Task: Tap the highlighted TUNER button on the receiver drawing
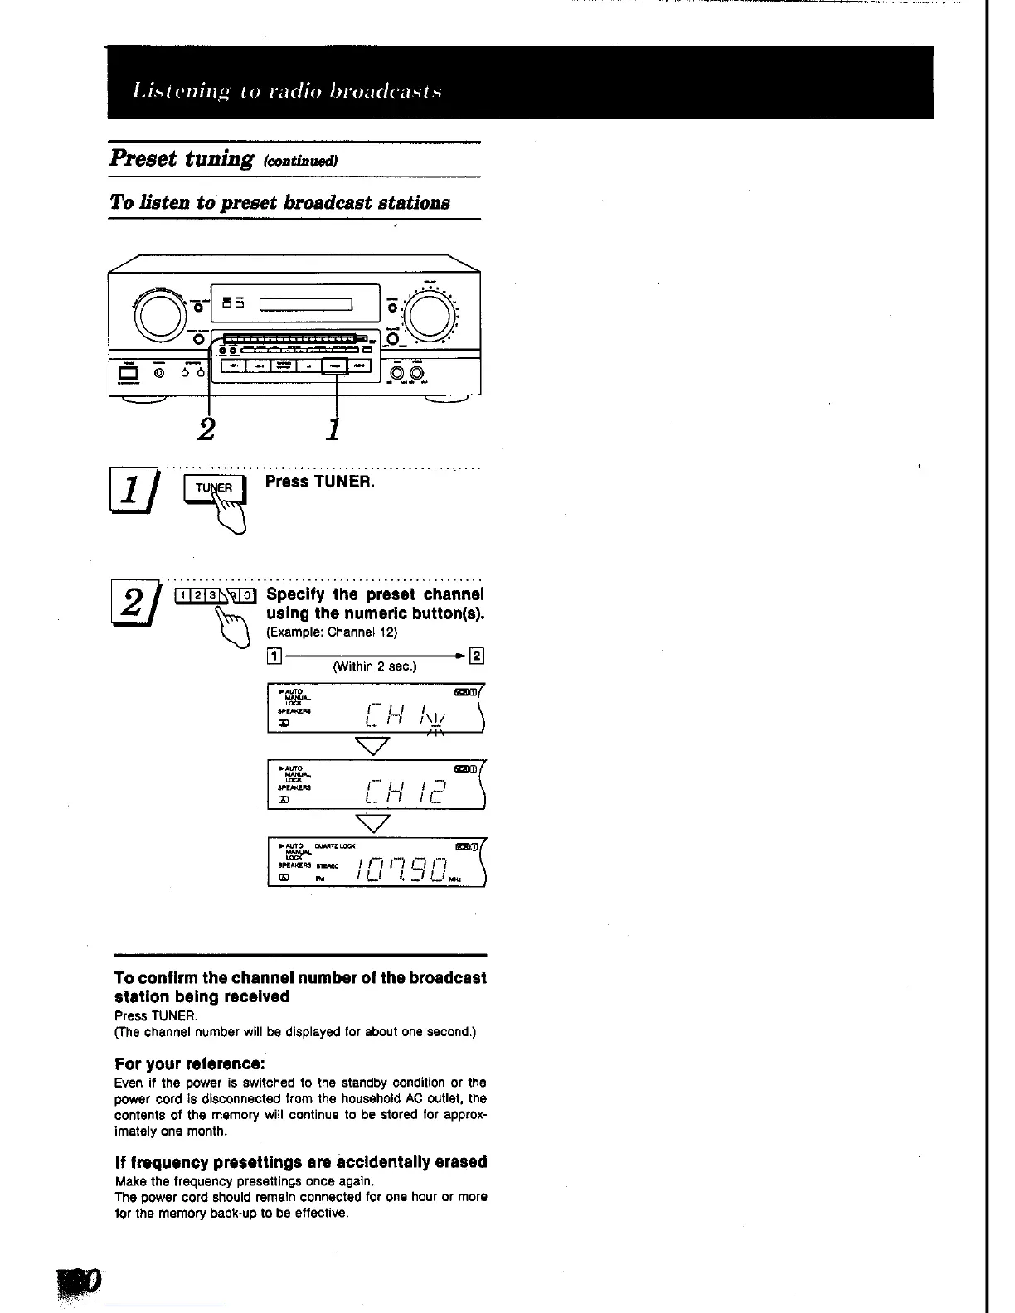tap(335, 366)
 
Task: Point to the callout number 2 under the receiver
tap(207, 429)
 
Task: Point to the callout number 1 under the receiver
tap(333, 429)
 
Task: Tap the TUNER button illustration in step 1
tap(214, 489)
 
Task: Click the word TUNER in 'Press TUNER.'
tap(342, 482)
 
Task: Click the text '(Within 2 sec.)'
tap(374, 666)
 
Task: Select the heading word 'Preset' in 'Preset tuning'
tap(144, 158)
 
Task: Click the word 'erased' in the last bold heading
tap(458, 1162)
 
